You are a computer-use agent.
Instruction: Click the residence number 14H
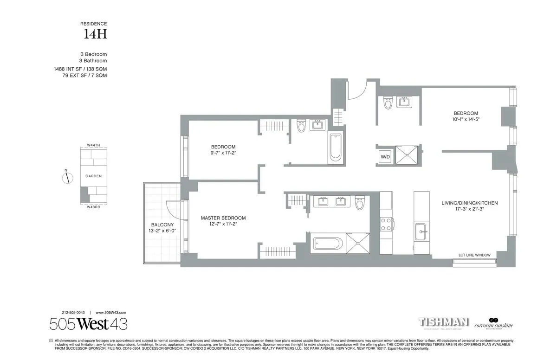[96, 34]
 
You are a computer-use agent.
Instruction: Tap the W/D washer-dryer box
[385, 157]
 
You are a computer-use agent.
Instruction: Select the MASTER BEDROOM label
[223, 218]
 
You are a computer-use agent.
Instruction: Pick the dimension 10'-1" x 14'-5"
[466, 119]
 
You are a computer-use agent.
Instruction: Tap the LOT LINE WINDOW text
[474, 255]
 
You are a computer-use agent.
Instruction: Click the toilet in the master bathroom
[359, 203]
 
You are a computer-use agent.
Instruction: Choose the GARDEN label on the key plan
[93, 176]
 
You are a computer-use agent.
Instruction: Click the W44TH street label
[93, 145]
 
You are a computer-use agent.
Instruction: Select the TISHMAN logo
[444, 322]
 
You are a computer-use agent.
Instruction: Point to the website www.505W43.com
[111, 313]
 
